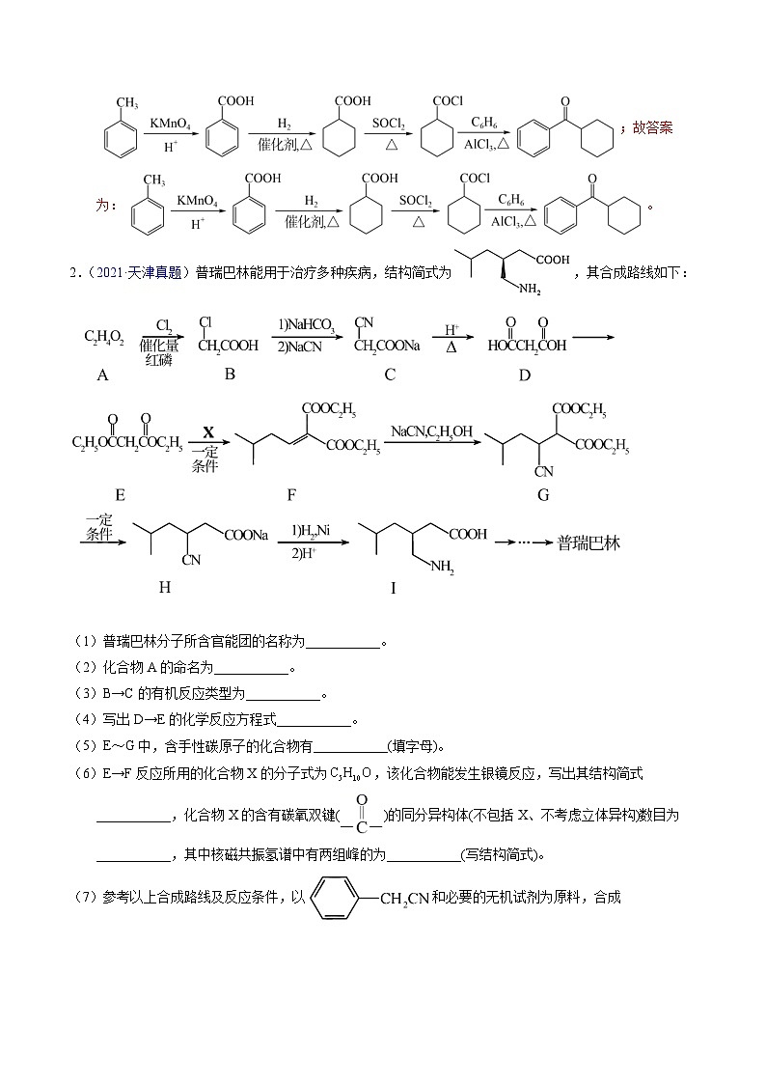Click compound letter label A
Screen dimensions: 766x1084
(103, 376)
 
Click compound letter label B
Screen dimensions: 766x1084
(230, 374)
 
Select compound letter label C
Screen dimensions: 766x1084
(390, 375)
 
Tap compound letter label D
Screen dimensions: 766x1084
(525, 375)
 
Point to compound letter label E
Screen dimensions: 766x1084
(121, 494)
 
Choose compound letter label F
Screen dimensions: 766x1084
(291, 494)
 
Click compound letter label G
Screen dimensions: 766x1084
(543, 494)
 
